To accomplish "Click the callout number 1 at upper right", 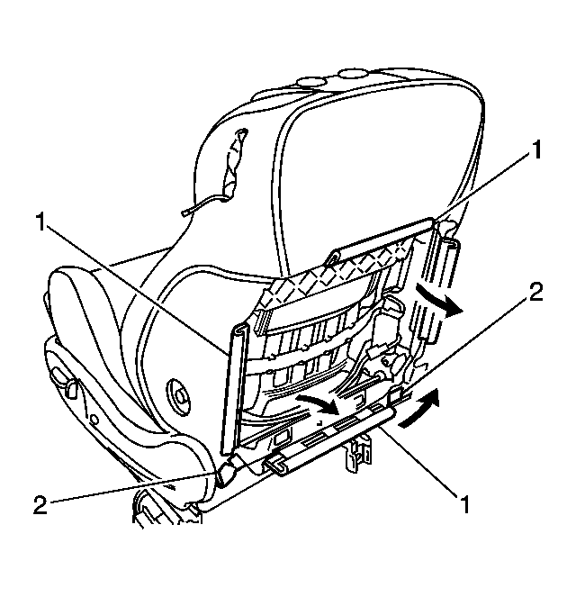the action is (536, 149).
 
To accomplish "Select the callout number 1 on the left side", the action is (40, 222).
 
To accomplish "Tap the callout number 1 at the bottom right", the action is (464, 504).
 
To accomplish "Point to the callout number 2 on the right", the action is (535, 292).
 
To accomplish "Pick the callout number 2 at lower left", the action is (40, 505).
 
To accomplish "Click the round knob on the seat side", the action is (178, 396).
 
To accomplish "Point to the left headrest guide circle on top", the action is (310, 81).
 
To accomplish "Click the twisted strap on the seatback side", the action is (234, 165).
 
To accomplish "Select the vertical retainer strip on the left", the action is (233, 388).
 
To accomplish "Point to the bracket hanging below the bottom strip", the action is (357, 454).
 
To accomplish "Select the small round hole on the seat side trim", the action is (94, 420).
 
